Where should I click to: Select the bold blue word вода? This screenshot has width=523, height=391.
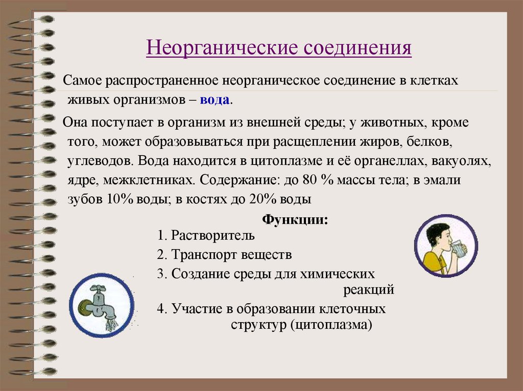click(x=215, y=99)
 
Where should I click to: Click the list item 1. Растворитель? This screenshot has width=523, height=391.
click(x=206, y=236)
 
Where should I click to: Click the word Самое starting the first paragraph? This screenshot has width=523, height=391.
click(x=81, y=82)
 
